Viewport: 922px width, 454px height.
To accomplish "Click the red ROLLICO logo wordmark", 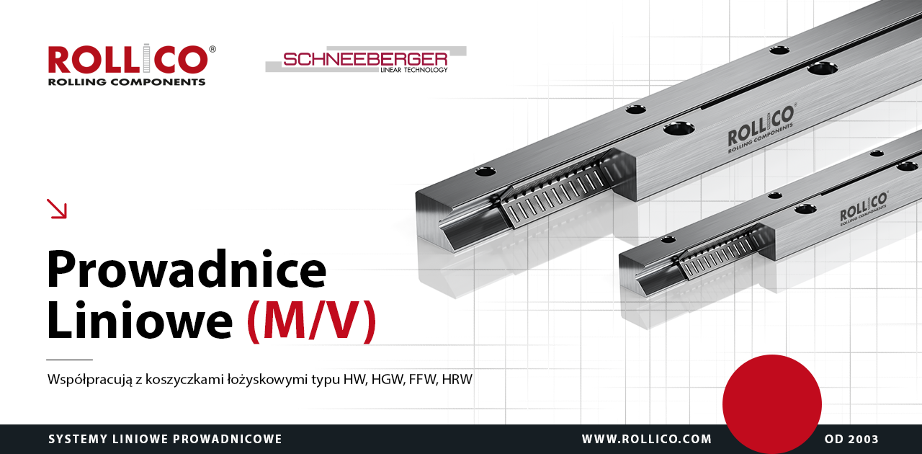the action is [128, 59].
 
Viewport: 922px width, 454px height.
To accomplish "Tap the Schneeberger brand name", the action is [365, 59].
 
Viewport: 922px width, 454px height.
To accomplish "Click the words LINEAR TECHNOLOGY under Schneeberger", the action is [413, 70].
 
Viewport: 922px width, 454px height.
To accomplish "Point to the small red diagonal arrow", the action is [57, 208].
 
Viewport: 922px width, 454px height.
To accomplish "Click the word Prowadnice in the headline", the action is [187, 269].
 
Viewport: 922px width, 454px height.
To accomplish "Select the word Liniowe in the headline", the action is [140, 320].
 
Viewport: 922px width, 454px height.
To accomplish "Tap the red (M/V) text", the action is [312, 321].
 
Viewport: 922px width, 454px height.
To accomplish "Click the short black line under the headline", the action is [69, 360].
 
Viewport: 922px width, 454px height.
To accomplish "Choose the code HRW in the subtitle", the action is [457, 379].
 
